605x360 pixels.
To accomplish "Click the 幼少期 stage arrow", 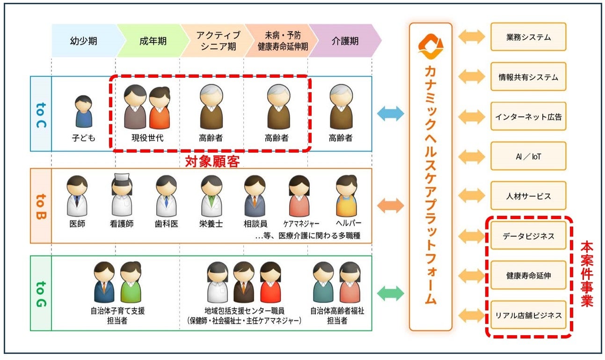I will (84, 41).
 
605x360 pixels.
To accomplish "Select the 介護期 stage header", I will (345, 41).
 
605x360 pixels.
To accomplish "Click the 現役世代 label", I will (147, 138).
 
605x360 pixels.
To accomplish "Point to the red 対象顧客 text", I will (212, 162).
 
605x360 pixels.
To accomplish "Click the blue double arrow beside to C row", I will (390, 113).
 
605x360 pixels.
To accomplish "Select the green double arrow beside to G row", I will (390, 293).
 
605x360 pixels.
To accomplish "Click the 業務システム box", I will (528, 37).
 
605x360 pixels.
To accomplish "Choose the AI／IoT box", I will (528, 156).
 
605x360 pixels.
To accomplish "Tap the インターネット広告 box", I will (528, 117).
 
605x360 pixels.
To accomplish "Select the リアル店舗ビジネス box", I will (528, 316).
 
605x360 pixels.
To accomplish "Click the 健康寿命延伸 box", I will (528, 276).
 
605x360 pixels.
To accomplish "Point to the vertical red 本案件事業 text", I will (587, 274).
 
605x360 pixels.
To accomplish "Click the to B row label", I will (41, 206).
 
